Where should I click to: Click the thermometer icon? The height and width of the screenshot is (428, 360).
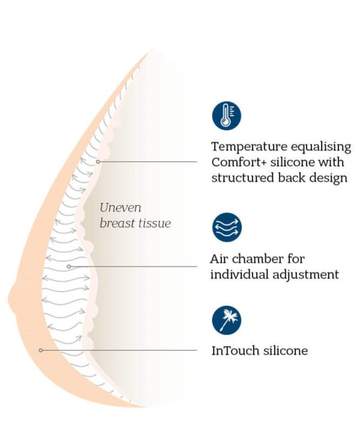[x=226, y=116]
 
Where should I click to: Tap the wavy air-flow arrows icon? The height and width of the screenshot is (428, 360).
[x=227, y=227]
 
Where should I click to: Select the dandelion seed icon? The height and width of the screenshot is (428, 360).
[x=227, y=320]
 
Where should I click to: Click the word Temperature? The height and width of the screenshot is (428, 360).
[x=249, y=146]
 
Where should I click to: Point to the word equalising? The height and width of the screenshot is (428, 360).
[x=321, y=147]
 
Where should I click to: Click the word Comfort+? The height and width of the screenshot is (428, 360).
[x=238, y=162]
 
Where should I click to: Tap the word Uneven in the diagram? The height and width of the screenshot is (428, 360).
[x=120, y=208]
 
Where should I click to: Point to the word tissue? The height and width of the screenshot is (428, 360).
[x=154, y=223]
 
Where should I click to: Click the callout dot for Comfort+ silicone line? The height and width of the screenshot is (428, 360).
[x=98, y=162]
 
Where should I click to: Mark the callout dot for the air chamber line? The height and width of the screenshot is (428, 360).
[x=69, y=267]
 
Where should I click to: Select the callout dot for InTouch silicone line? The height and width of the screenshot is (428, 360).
[x=41, y=350]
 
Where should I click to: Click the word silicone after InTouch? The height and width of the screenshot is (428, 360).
[x=285, y=350]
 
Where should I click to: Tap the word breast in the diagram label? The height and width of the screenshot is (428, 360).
[x=117, y=223]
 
